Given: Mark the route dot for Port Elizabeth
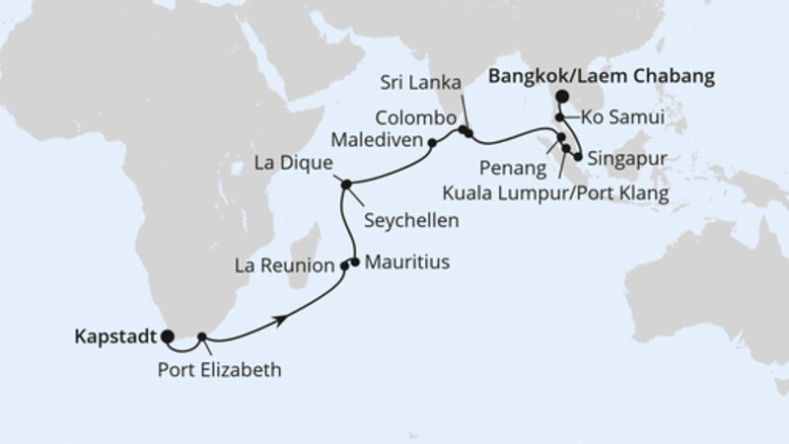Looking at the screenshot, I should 201,337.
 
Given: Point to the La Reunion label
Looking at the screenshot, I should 285,266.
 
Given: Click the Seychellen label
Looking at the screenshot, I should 409,220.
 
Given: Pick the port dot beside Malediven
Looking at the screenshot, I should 432,143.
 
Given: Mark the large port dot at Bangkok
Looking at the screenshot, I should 561,97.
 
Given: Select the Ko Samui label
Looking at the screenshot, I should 621,117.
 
